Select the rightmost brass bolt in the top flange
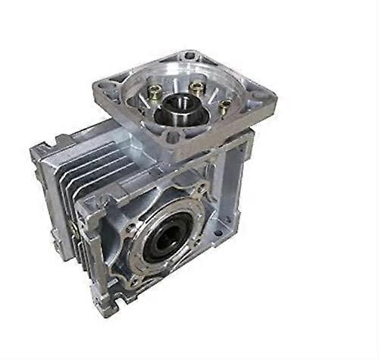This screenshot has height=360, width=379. click(x=225, y=109)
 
